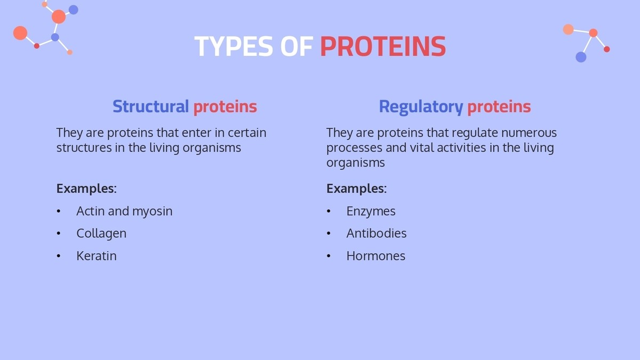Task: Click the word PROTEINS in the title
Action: coord(382,47)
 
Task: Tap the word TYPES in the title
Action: coord(234,47)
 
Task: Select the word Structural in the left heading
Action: coord(150,107)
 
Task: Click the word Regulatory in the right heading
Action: coord(420,107)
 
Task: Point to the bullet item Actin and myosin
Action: coord(124,211)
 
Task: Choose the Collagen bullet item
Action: coord(101,234)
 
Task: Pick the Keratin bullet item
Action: coord(96,256)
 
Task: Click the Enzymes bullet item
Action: coord(371,211)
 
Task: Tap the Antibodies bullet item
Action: coord(376,234)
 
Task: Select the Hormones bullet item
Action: coord(375,256)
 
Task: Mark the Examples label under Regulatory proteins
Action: coord(356,189)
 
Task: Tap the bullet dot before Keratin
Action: coord(59,257)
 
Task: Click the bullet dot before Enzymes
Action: coord(329,212)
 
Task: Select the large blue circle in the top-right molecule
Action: coord(581,57)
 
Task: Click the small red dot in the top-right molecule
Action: coord(606,49)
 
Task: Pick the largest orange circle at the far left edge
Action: coord(20,33)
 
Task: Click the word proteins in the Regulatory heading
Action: coord(499,107)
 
